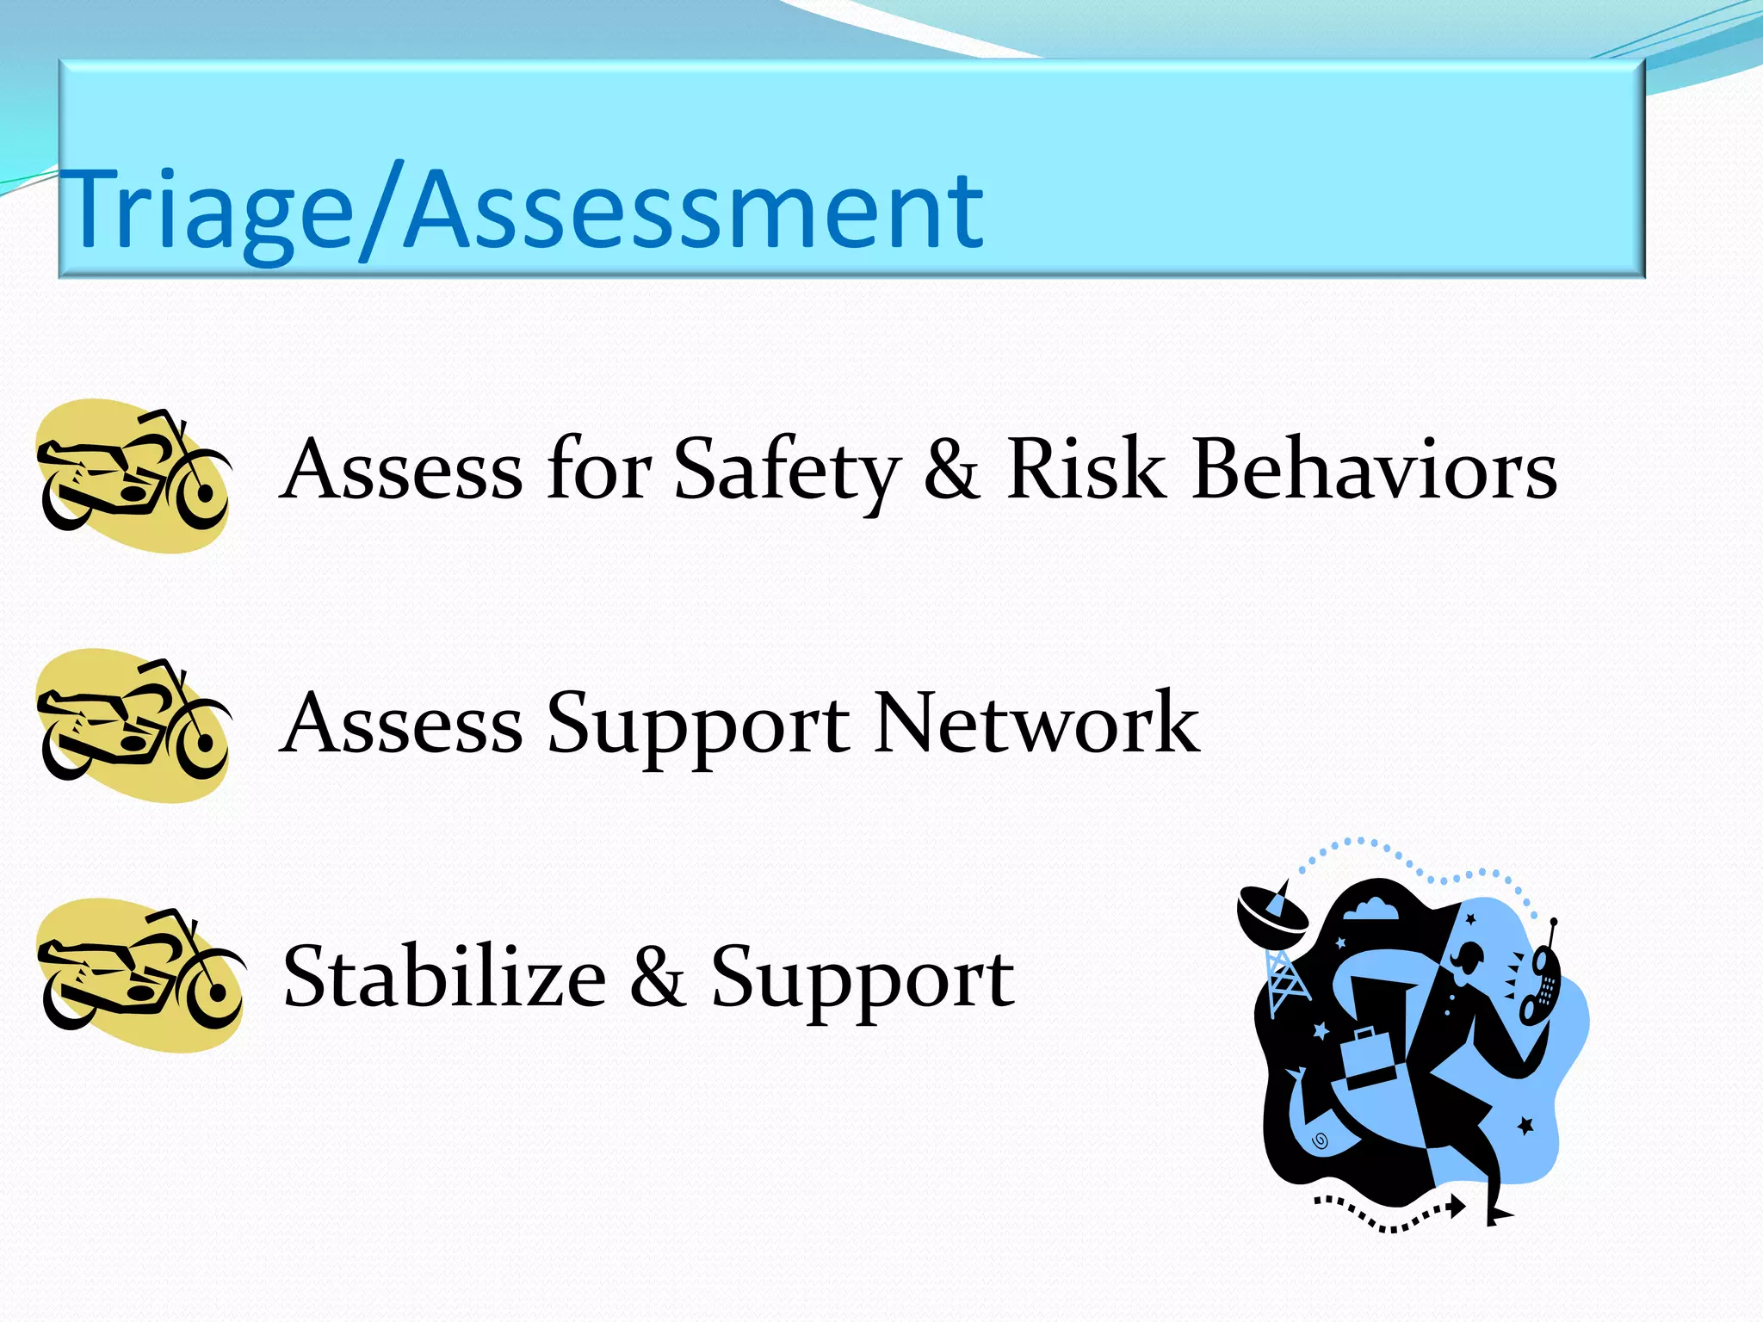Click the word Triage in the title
207,211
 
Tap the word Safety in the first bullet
785,471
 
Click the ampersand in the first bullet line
951,471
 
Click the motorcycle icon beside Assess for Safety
134,475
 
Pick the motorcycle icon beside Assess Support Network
134,725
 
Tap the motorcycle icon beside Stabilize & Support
138,975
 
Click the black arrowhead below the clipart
1456,1207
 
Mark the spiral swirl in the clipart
1320,1141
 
